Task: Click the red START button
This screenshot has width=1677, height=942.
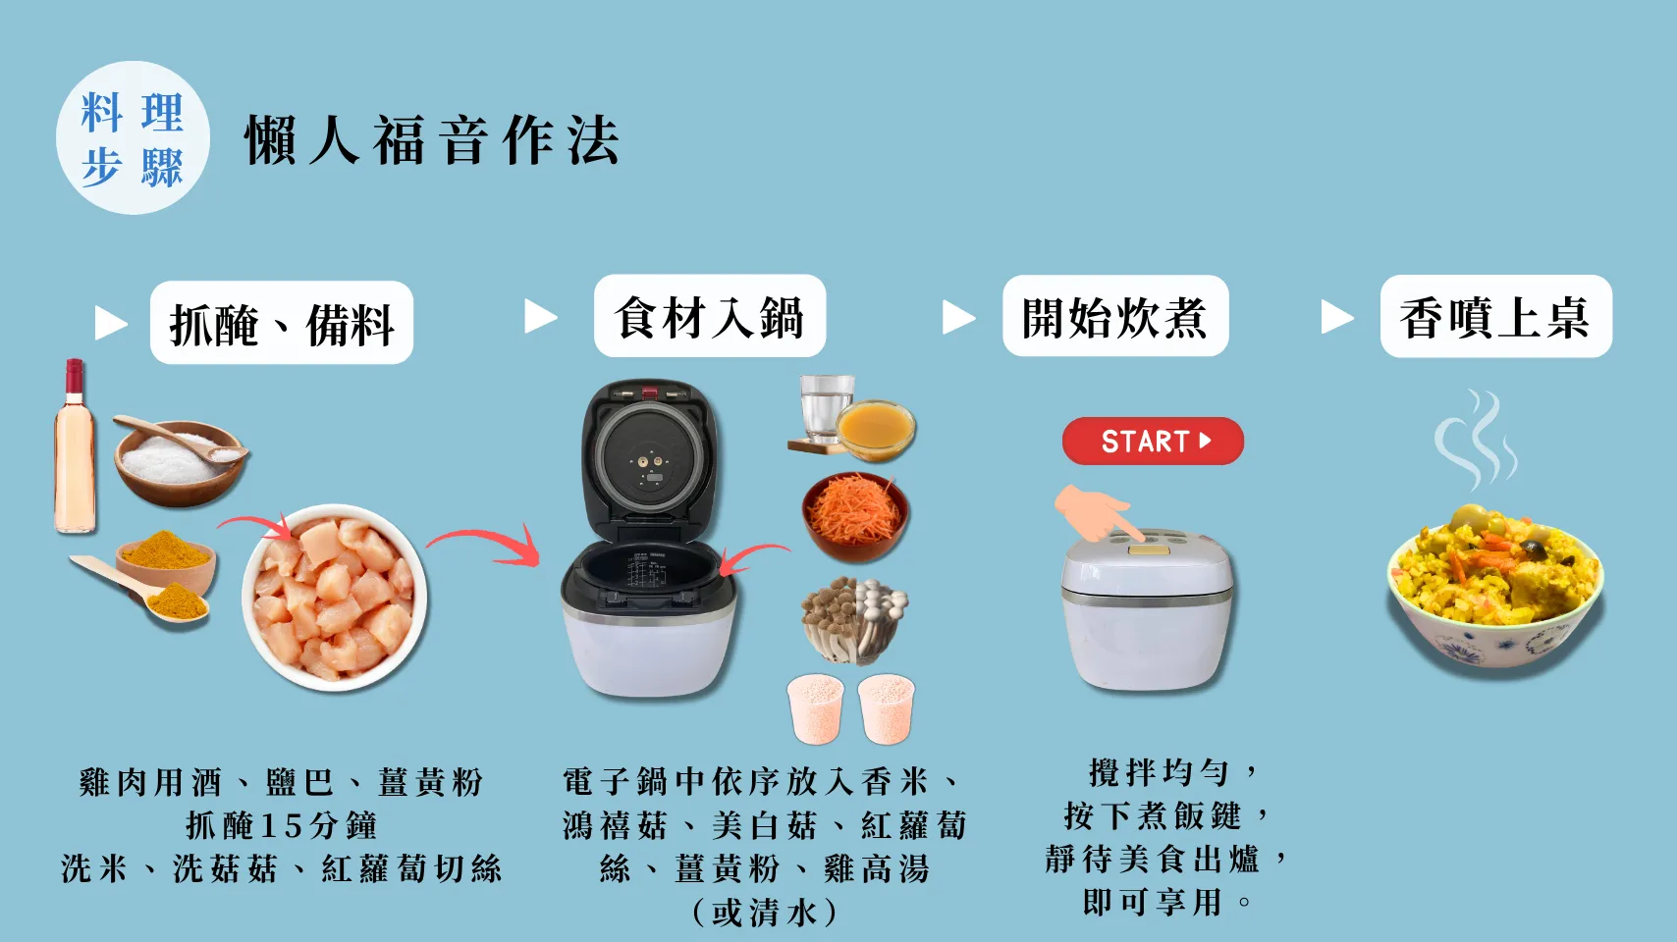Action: coord(1153,442)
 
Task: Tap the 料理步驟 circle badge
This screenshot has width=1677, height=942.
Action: coord(133,138)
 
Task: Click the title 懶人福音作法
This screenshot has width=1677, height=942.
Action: coord(432,139)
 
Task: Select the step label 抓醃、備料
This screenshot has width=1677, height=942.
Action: coord(282,323)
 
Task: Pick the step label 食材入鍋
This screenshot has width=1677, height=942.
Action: coord(709,316)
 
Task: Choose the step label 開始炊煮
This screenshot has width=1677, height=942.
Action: coord(1114,316)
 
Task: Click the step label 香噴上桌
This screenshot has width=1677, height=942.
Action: coord(1495,316)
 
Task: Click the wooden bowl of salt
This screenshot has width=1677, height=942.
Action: coord(177,460)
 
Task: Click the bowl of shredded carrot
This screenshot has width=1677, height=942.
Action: coord(855,514)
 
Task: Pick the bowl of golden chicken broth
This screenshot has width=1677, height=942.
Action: coord(876,430)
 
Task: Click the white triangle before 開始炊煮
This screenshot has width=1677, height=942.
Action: coord(958,317)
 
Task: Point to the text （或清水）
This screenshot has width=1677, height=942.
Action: coord(765,913)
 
